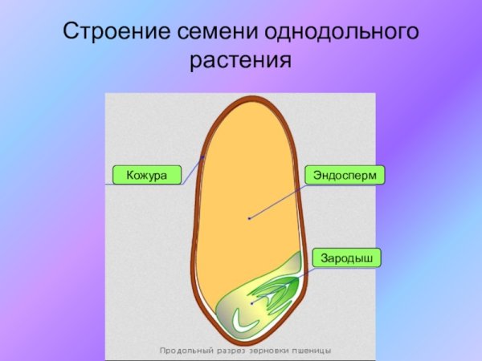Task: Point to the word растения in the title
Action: (x=240, y=60)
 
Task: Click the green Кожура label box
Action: (x=147, y=174)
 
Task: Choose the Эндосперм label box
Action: (x=345, y=174)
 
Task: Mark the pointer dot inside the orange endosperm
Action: (x=249, y=217)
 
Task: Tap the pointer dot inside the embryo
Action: (x=251, y=303)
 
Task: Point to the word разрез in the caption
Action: (x=231, y=351)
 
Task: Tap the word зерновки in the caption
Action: (x=273, y=351)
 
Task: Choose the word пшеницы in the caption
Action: (x=315, y=351)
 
